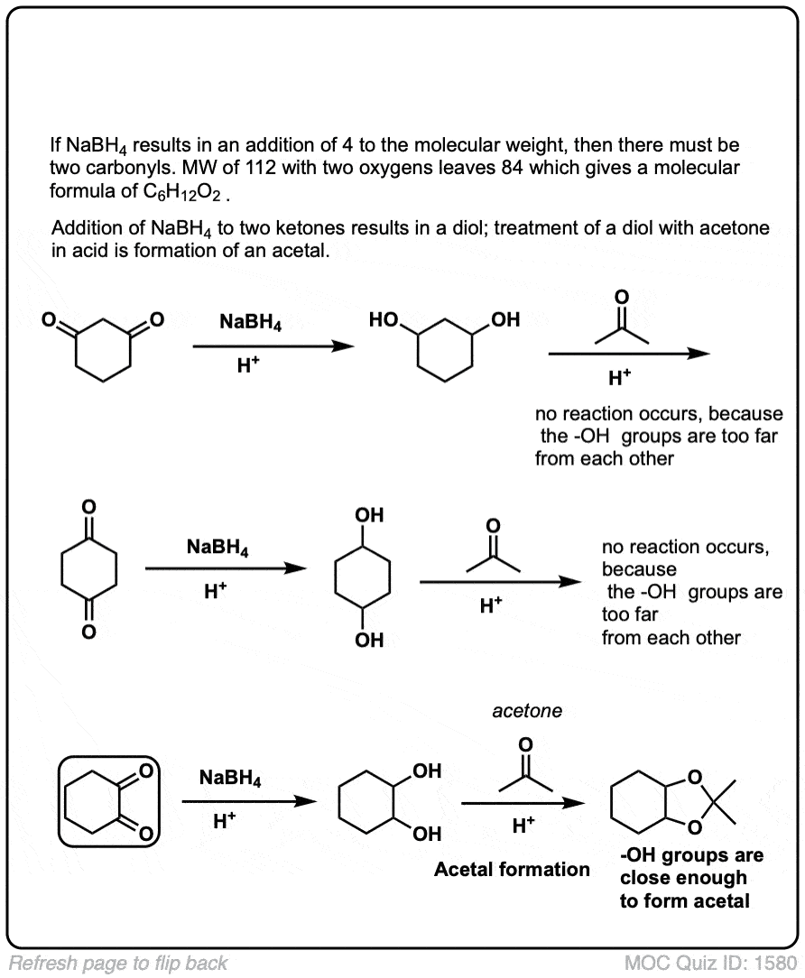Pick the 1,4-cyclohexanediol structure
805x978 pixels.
pyautogui.click(x=362, y=577)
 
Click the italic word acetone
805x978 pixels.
pyautogui.click(x=527, y=711)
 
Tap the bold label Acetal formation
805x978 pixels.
pyautogui.click(x=512, y=870)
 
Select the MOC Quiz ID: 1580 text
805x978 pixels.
pyautogui.click(x=710, y=963)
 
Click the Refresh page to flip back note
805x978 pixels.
pyautogui.click(x=118, y=963)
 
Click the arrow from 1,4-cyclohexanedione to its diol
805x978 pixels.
pyautogui.click(x=221, y=569)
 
